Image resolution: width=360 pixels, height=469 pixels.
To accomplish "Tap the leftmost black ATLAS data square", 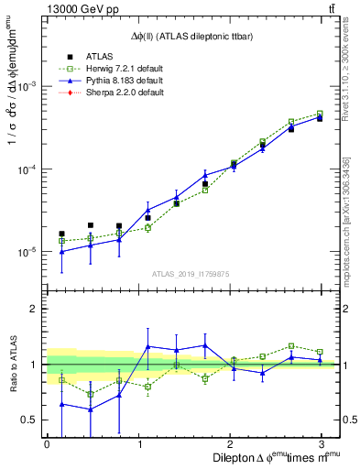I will pos(61,234).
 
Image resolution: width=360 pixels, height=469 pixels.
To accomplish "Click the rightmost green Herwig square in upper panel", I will pos(320,114).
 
